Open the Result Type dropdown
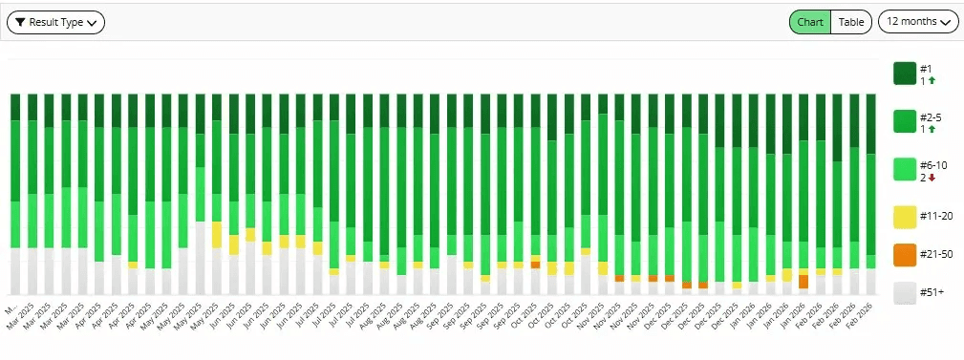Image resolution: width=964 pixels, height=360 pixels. click(x=55, y=22)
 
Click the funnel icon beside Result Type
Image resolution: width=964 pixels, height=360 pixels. click(x=20, y=22)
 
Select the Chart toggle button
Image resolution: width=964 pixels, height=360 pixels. click(x=810, y=22)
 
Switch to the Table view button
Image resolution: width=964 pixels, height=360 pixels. click(x=851, y=22)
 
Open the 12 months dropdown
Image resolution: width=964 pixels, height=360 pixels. click(x=918, y=22)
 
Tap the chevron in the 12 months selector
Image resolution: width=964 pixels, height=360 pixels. click(x=947, y=22)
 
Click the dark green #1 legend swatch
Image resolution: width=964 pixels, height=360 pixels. click(x=905, y=74)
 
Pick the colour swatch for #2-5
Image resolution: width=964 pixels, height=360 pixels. click(x=905, y=121)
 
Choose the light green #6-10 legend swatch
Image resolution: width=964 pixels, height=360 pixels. click(x=905, y=170)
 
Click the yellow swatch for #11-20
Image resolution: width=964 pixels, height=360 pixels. click(x=905, y=217)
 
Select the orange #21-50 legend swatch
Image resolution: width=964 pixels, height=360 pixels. click(x=905, y=255)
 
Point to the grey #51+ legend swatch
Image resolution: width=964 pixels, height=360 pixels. click(x=905, y=293)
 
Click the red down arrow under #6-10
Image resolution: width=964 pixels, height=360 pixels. click(x=932, y=178)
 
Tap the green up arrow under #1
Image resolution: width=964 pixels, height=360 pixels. click(x=932, y=81)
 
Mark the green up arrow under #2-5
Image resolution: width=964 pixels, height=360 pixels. click(x=932, y=129)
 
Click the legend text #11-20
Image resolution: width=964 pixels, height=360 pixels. click(x=934, y=217)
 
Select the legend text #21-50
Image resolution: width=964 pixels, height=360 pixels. click(x=934, y=255)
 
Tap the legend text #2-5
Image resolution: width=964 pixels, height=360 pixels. click(x=931, y=116)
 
